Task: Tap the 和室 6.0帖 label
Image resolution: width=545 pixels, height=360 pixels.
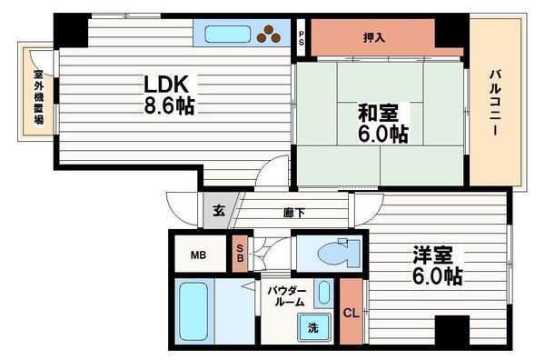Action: (x=381, y=124)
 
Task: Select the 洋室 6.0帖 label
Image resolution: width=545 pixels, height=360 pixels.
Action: (x=435, y=265)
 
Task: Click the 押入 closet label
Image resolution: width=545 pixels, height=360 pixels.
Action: (x=374, y=37)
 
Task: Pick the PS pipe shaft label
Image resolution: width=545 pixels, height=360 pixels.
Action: (x=302, y=38)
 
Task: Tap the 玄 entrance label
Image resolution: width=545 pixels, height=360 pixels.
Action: (x=219, y=211)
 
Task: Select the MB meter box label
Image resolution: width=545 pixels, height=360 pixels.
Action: (x=197, y=255)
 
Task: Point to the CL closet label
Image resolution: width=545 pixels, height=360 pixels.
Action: (x=351, y=314)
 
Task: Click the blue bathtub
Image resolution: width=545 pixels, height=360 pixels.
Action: (x=192, y=311)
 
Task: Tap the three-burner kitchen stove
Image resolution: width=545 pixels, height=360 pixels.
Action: (x=270, y=35)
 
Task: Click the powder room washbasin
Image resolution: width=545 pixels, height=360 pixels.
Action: (x=322, y=294)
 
